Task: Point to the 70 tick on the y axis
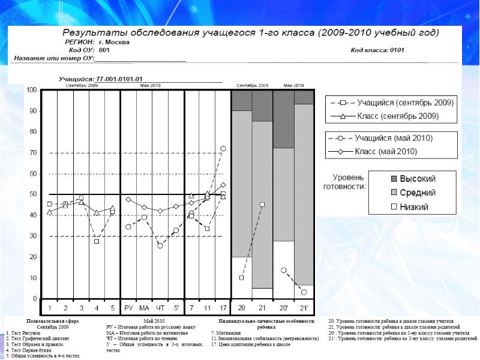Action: [x=34, y=153]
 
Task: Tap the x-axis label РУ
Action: [x=128, y=308]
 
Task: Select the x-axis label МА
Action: [x=144, y=308]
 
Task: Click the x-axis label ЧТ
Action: [x=160, y=308]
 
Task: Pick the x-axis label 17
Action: [x=223, y=308]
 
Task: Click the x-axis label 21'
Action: [x=304, y=308]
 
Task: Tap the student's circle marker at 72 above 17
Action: [x=223, y=148]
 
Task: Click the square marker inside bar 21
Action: [x=262, y=205]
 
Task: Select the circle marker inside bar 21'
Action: [x=304, y=292]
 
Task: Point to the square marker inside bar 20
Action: [x=241, y=278]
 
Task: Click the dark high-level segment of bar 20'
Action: [x=283, y=119]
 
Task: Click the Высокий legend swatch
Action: [x=377, y=179]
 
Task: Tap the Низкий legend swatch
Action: [x=377, y=207]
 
